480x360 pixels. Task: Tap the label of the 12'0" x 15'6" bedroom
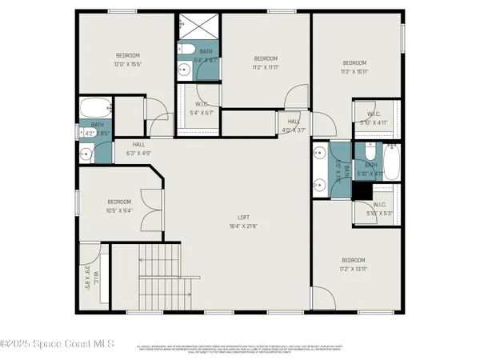coord(129,59)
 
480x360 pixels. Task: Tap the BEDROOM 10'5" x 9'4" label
coord(119,206)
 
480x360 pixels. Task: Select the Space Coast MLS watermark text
coord(57,345)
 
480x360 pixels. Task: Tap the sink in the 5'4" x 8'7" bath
coord(184,70)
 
